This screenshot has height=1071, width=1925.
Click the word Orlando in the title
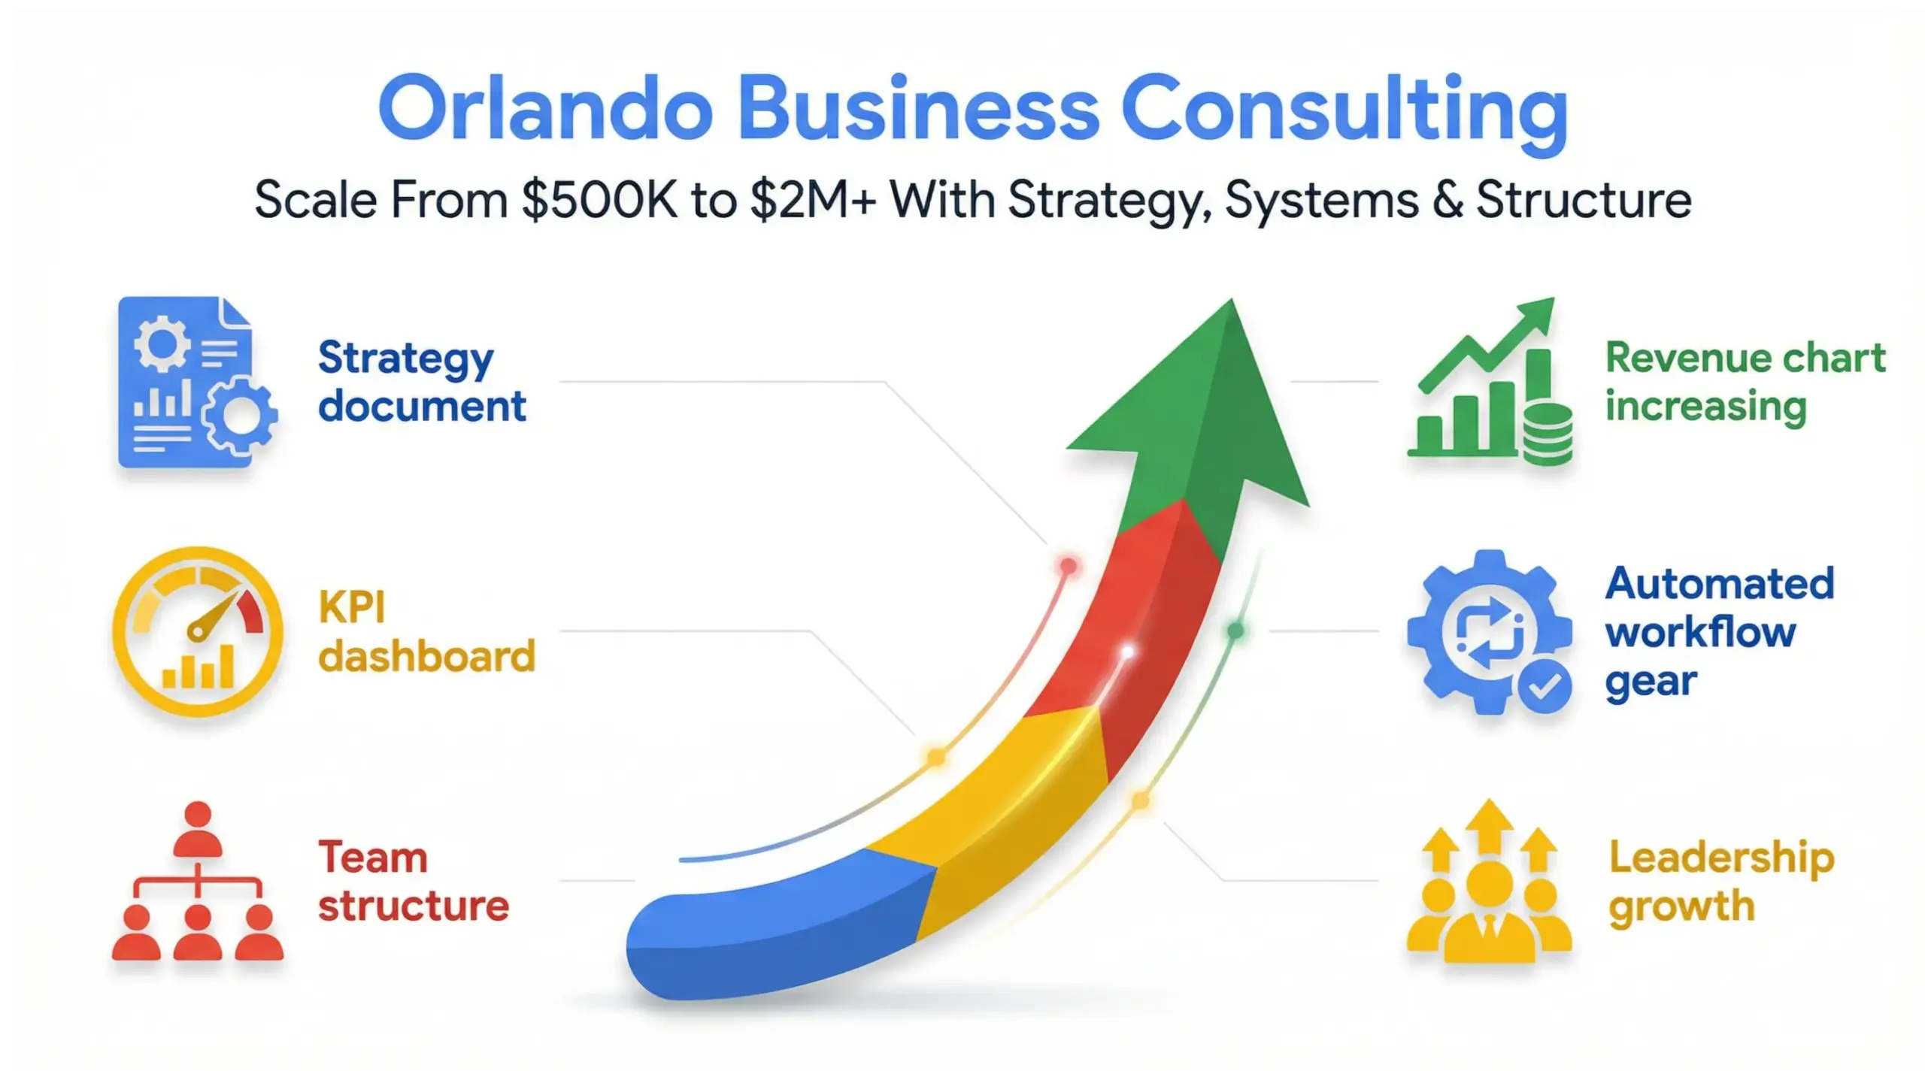(x=545, y=109)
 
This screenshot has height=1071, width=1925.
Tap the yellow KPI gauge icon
(x=198, y=631)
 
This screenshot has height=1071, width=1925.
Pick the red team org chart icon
(x=198, y=883)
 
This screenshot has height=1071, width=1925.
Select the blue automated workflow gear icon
(x=1485, y=631)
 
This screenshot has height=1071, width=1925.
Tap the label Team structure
(x=414, y=882)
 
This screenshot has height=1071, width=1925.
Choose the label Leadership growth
(x=1720, y=882)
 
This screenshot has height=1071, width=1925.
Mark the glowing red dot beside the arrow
(x=1068, y=565)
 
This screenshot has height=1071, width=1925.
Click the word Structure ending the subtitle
(x=1584, y=201)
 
